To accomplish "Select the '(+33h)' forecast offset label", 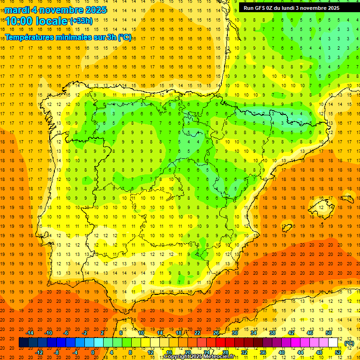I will pyautogui.click(x=81, y=21).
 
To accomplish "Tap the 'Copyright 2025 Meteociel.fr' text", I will pyautogui.click(x=199, y=357).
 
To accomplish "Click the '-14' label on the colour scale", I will pyautogui.click(x=30, y=333).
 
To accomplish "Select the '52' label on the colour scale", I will pyautogui.click(x=338, y=352).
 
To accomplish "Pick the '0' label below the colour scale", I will pyautogui.click(x=93, y=352).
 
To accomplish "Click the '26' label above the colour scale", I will pyautogui.click(x=216, y=333).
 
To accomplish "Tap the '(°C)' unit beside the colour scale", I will pyautogui.click(x=349, y=343).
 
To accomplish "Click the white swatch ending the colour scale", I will pyautogui.click(x=333, y=343).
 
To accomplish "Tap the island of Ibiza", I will pyautogui.click(x=287, y=228).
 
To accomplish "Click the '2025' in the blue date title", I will pyautogui.click(x=93, y=10).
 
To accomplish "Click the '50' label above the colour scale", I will pyautogui.click(x=329, y=333).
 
